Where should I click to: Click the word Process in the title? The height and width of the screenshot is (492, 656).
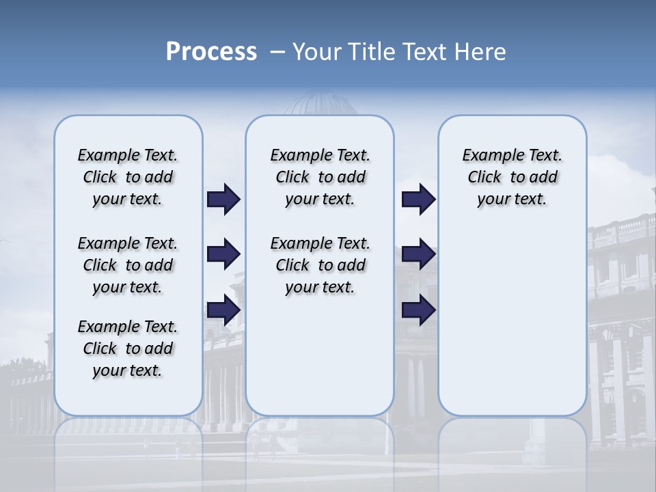point(211,52)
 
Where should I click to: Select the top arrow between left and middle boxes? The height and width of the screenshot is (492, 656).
point(223,200)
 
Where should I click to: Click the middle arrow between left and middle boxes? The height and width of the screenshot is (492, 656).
point(223,254)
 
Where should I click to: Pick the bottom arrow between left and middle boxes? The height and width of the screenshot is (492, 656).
point(223,310)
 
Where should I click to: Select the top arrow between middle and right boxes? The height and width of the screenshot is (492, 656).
point(418,200)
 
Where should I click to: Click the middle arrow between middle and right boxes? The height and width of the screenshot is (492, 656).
point(418,254)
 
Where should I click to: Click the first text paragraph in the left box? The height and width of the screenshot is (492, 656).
point(128,177)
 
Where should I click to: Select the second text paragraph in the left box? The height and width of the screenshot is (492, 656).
point(128,265)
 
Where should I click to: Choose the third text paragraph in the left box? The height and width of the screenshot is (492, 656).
point(128,348)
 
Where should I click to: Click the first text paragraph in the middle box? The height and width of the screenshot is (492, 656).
point(320,177)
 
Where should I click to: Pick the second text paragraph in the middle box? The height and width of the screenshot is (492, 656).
point(320,265)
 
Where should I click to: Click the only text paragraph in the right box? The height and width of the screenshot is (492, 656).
point(512,177)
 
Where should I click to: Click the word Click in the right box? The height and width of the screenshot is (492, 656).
point(484,178)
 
